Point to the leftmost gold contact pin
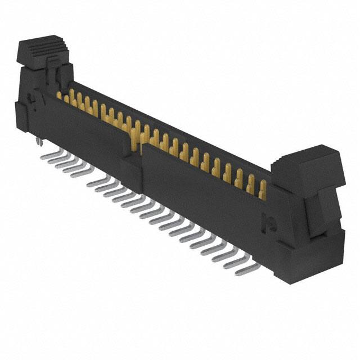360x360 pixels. pyautogui.click(x=59, y=94)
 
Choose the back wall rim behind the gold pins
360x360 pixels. pyautogui.click(x=169, y=124)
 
